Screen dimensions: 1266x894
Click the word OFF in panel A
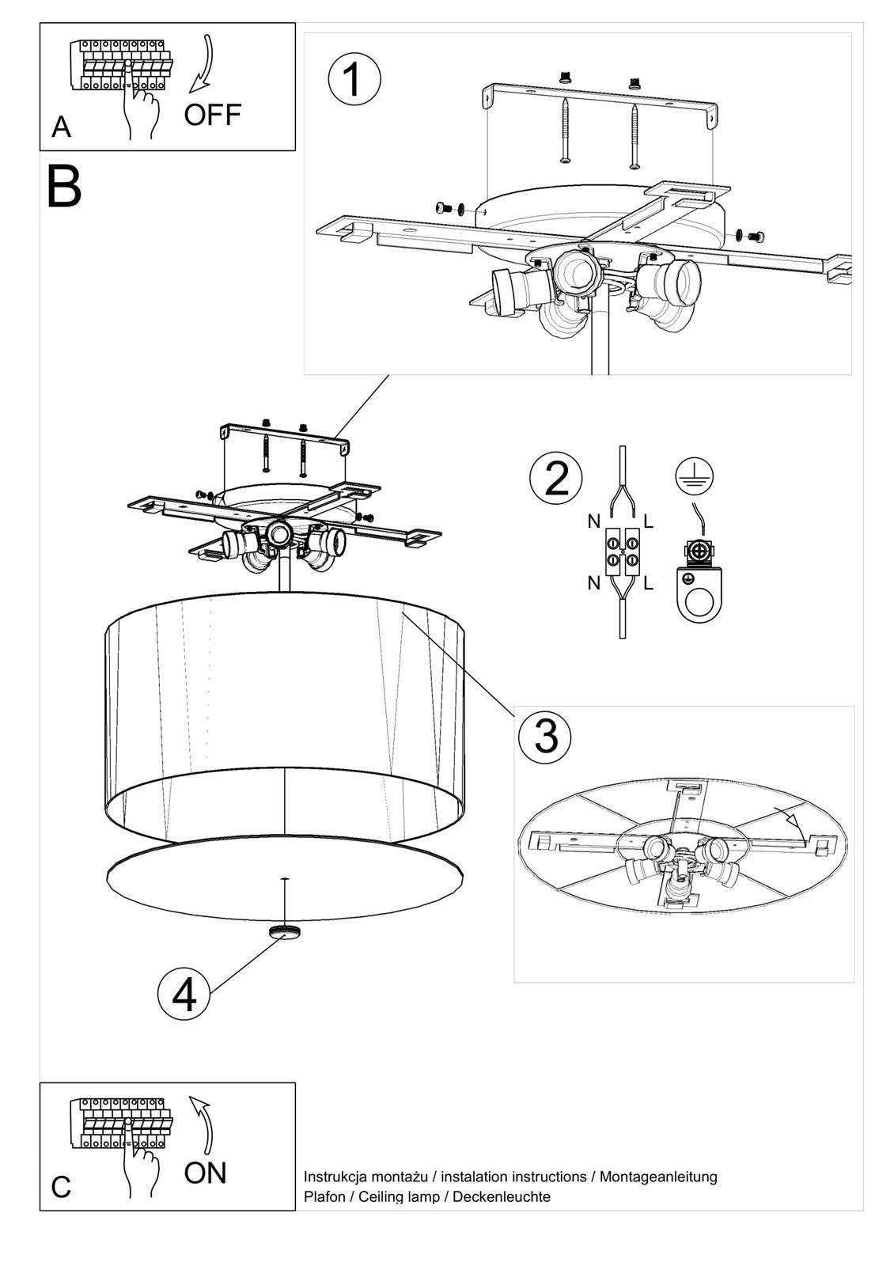pos(212,115)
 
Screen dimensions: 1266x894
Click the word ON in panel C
pos(205,1173)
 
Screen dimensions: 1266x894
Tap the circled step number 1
pos(354,79)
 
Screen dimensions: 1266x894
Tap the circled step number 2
pos(557,479)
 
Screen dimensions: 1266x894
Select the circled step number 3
pos(545,735)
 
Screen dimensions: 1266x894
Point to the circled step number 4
pos(184,995)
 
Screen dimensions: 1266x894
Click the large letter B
pos(64,187)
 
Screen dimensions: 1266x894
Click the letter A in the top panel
pos(61,127)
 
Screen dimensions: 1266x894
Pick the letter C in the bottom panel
pos(61,1187)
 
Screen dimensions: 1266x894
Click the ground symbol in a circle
pos(694,476)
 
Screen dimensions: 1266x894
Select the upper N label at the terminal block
pos(593,521)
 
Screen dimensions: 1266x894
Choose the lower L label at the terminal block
pos(648,584)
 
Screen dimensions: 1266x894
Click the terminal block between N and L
pos(622,552)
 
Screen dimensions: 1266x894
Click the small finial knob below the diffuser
pos(283,931)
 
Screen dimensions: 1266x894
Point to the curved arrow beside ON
pos(204,1123)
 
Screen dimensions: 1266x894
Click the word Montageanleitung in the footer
pos(658,1177)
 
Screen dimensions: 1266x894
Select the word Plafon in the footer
pos(324,1196)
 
